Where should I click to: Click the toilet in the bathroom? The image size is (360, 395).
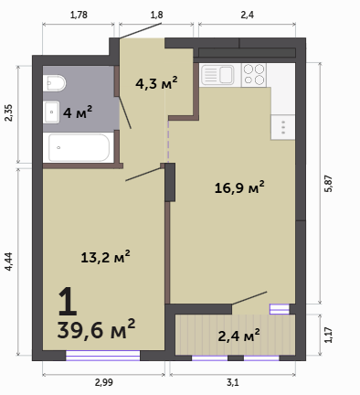[54, 83]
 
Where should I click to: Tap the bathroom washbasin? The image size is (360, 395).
[51, 112]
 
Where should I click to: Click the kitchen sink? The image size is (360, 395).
[217, 75]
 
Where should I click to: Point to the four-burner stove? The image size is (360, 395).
[254, 75]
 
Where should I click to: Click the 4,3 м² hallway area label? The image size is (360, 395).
[156, 83]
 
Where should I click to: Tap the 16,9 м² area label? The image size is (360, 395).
[239, 187]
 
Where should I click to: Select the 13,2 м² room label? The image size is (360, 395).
[105, 257]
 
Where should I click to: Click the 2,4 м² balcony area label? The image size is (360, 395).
[239, 336]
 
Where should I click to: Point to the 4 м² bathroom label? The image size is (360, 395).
[78, 112]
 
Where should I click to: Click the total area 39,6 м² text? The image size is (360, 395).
[96, 329]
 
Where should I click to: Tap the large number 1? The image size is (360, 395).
[68, 302]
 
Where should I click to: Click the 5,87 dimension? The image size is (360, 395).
[329, 184]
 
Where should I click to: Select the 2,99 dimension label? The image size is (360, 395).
[104, 382]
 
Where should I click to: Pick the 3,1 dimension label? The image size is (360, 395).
[233, 382]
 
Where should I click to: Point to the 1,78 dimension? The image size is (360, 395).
[79, 15]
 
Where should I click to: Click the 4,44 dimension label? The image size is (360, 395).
[8, 262]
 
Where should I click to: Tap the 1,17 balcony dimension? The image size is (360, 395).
[328, 335]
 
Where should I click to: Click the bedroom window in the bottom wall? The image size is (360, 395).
[103, 356]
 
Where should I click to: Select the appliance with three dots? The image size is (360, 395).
[283, 127]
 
